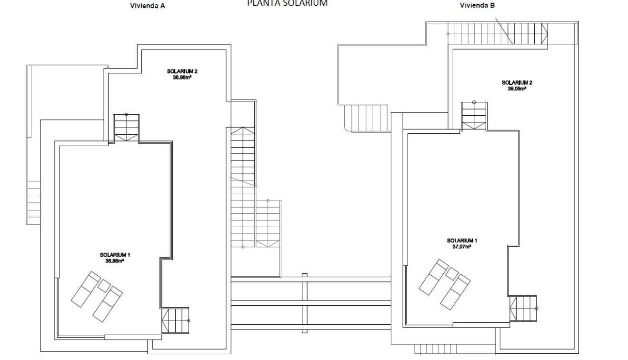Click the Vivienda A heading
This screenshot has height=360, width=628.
pos(147,6)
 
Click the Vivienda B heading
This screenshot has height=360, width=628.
pos(477,6)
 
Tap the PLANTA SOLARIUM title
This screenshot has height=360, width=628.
pos(287,3)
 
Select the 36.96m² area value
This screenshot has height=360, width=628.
pos(182,76)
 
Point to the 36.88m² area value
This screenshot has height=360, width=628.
pos(115,260)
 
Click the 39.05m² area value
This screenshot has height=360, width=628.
pos(517,88)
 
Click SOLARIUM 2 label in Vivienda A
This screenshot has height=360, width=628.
pos(182,71)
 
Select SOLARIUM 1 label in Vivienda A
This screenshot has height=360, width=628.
pos(115,255)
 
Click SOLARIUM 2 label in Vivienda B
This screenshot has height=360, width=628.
pos(517,82)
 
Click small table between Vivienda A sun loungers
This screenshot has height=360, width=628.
pos(104,286)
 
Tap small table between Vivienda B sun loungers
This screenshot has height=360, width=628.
pos(451,273)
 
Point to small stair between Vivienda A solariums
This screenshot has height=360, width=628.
pos(126,128)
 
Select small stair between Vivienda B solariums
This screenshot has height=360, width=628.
pos(474,116)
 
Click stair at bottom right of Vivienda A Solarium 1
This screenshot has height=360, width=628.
pos(175,320)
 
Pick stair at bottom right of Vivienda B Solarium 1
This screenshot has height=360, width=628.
pos(523,309)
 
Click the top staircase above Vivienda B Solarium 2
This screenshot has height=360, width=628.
pos(498,33)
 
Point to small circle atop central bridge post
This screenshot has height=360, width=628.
pos(304,275)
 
